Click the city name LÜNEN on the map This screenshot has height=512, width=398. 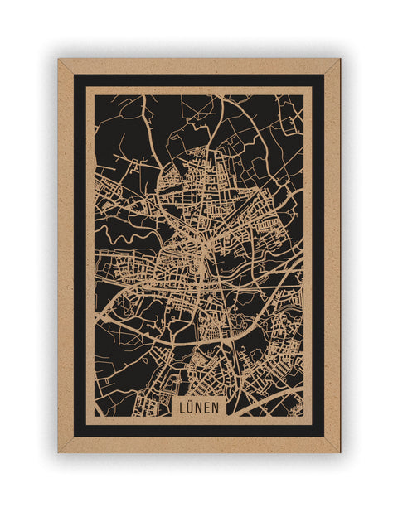pos(199,407)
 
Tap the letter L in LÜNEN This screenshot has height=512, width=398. pos(183,407)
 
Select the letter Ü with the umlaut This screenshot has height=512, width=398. pos(192,407)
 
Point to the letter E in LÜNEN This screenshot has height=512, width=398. pos(207,407)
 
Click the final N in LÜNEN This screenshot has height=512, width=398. pos(216,407)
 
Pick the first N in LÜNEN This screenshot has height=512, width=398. pos(199,407)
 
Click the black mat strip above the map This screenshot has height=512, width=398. pos(199,80)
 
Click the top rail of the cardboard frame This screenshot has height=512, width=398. pos(199,65)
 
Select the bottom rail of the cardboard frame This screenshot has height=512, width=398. pos(199,445)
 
